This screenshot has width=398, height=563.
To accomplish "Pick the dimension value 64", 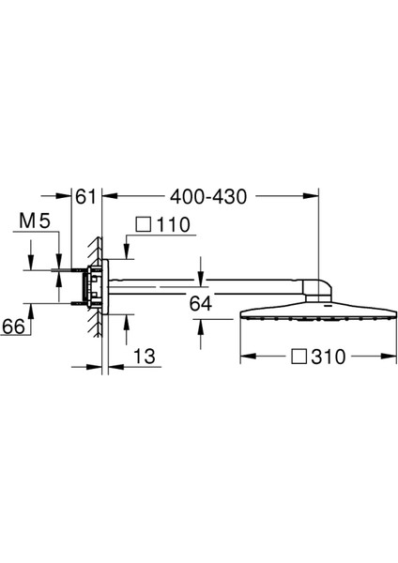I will (x=200, y=302).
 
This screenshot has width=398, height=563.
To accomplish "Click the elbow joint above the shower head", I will (x=317, y=287).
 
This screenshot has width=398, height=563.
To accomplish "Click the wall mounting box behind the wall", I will (x=91, y=286).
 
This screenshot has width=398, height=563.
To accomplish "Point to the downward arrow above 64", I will (x=200, y=271).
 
